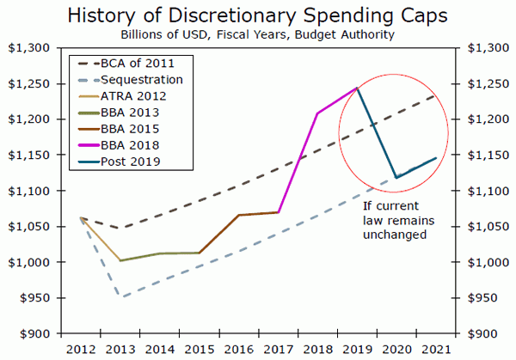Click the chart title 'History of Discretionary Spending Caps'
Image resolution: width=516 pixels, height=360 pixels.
tap(257, 15)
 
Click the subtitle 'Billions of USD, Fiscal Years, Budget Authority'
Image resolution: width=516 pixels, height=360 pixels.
tap(257, 34)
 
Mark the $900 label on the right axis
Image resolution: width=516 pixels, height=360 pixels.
tap(485, 333)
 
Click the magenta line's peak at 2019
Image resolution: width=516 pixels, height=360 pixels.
tap(356, 88)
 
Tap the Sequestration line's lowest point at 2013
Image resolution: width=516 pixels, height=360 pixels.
tap(121, 297)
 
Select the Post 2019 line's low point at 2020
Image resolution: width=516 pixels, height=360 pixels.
tap(396, 178)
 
